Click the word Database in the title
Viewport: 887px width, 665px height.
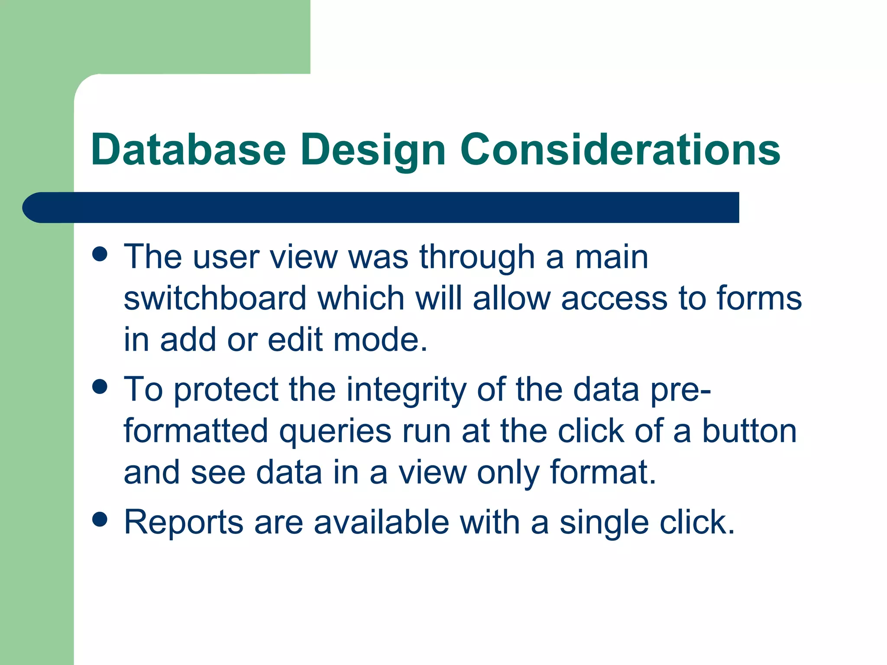pos(188,150)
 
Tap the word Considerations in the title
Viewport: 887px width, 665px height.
pos(620,150)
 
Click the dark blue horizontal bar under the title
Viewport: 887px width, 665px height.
pos(381,207)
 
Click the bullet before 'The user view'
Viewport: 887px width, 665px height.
pos(100,254)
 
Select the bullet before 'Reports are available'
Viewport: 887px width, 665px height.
pos(100,520)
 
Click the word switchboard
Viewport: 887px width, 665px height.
pos(215,298)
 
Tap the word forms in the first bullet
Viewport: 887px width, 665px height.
pos(759,298)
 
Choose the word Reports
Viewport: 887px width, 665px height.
pos(183,523)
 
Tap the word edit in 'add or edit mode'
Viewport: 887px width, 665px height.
pos(295,340)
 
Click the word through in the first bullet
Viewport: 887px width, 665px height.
pos(477,258)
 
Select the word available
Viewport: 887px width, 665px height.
pos(382,522)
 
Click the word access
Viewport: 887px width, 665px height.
pos(614,299)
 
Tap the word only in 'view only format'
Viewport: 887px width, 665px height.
pos(508,473)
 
